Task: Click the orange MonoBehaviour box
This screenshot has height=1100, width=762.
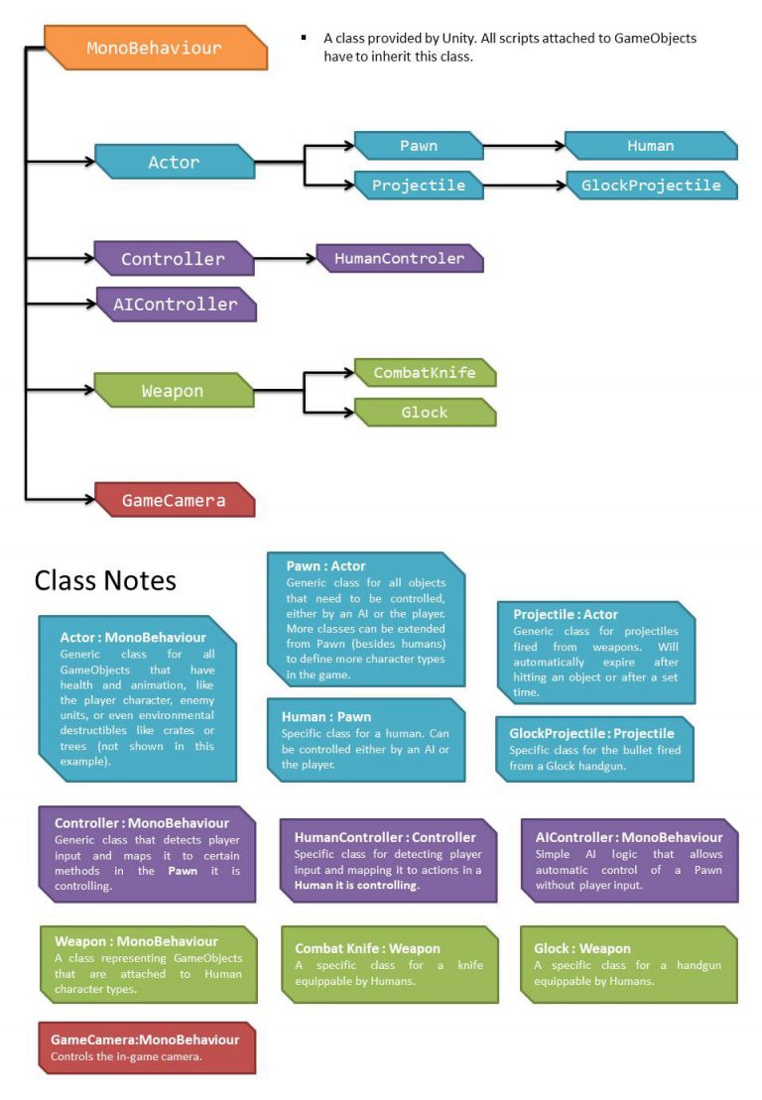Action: (x=156, y=48)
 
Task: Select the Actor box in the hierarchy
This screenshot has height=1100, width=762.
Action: (x=175, y=162)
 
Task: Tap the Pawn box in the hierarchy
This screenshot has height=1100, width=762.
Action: (x=418, y=146)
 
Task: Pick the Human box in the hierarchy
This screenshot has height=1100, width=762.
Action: (x=651, y=146)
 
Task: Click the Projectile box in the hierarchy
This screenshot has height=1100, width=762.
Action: (x=418, y=185)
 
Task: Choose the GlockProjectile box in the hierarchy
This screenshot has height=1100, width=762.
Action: (x=651, y=185)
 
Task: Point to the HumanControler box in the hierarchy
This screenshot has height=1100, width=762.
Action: (x=400, y=259)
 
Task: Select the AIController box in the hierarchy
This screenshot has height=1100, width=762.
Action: (x=176, y=305)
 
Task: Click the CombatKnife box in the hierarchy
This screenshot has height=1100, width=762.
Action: (x=425, y=373)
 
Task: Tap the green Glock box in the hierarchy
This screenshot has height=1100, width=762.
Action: (x=425, y=412)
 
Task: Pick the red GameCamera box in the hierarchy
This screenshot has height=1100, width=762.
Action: (x=175, y=500)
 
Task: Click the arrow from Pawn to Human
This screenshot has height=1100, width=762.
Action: (x=524, y=146)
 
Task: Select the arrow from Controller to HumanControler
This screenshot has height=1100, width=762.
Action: (x=286, y=259)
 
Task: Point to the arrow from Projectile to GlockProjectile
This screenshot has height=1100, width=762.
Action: (x=525, y=185)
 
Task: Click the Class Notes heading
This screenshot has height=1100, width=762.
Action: (x=105, y=580)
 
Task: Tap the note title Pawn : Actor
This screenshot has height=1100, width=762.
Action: (x=326, y=566)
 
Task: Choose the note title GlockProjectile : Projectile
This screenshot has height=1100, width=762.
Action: (x=591, y=733)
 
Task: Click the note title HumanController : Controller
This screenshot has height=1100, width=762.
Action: (x=385, y=837)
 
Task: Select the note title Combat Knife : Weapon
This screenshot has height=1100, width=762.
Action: (x=367, y=949)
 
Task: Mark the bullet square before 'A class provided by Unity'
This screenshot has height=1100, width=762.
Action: (x=304, y=38)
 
